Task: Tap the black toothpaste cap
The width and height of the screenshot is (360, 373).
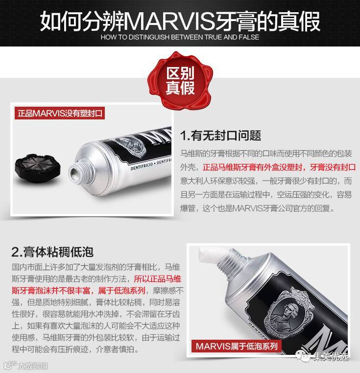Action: (38, 168)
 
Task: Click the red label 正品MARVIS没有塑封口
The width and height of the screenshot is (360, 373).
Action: (60, 113)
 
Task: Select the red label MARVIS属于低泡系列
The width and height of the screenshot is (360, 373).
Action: (237, 346)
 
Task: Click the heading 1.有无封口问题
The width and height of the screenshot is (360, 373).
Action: (220, 136)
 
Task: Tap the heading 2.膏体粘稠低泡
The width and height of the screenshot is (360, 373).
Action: (52, 252)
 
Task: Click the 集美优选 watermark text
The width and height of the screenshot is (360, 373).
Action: (331, 356)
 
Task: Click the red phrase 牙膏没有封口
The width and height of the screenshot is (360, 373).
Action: (333, 167)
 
